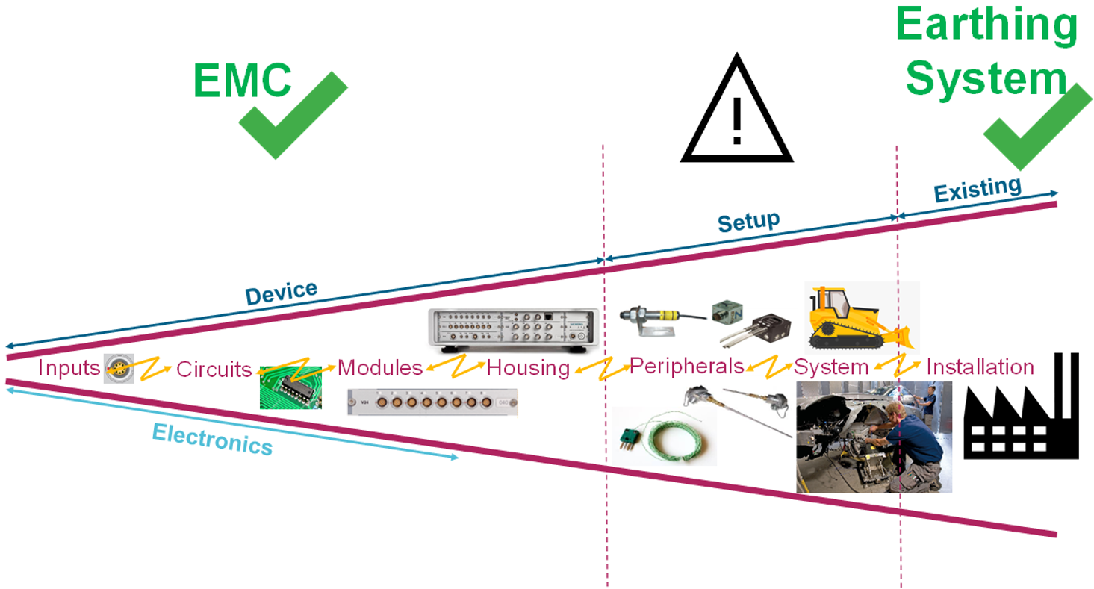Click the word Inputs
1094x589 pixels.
69,368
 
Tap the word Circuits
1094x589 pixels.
214,369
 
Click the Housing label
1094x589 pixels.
528,368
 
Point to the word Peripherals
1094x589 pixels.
687,367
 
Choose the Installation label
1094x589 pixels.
980,367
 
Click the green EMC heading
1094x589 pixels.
243,80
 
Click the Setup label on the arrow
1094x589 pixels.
748,222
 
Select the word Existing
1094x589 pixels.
977,190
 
